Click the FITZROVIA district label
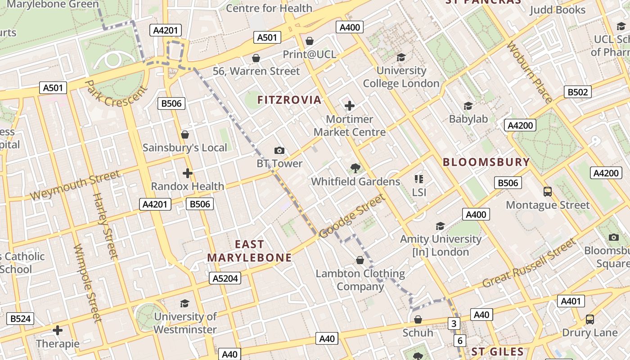click(x=289, y=100)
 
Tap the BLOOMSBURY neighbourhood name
click(x=486, y=162)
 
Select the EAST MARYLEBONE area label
click(x=249, y=251)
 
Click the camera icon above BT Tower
click(x=279, y=151)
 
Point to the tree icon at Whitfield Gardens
click(x=355, y=168)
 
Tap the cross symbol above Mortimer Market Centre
click(x=350, y=106)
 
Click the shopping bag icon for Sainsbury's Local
click(x=184, y=135)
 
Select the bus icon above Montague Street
click(x=548, y=192)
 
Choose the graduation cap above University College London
click(x=401, y=57)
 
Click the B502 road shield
click(x=577, y=92)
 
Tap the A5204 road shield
click(x=225, y=279)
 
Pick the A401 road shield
click(x=571, y=301)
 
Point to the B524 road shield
click(x=20, y=319)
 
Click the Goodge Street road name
click(x=352, y=216)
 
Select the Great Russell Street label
click(x=529, y=263)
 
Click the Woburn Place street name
click(x=529, y=72)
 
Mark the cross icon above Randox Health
click(x=188, y=173)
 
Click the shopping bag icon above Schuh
click(x=418, y=319)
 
